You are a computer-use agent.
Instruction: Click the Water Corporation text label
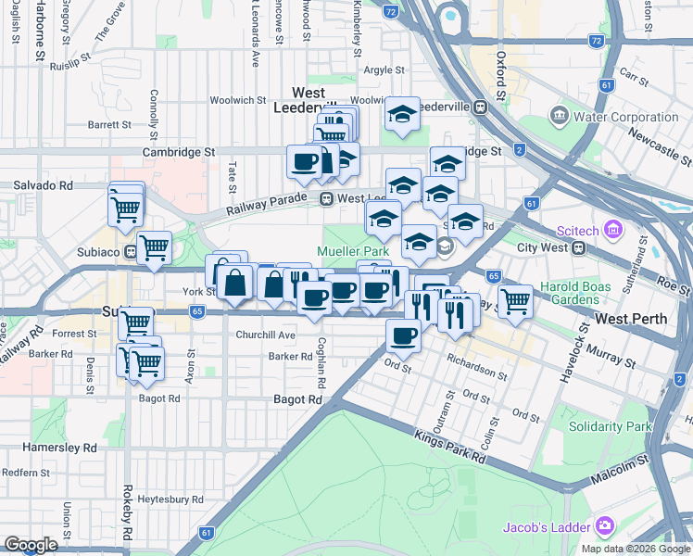pos(626,117)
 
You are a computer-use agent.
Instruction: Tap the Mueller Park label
pos(353,251)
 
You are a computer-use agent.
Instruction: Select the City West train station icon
pos(579,247)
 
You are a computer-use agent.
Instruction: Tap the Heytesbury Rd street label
pos(170,499)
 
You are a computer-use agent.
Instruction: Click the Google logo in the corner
pos(31,545)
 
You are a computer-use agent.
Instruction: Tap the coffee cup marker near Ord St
pos(403,335)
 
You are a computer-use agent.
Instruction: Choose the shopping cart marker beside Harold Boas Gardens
pos(514,299)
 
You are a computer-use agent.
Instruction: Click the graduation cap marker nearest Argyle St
pos(402,114)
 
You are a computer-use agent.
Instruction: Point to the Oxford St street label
pos(500,74)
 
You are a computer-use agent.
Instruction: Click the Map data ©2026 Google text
pos(635,549)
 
